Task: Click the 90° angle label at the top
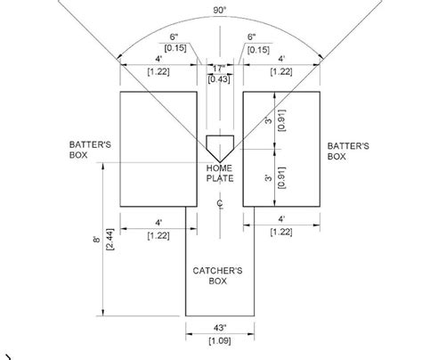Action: pyautogui.click(x=219, y=10)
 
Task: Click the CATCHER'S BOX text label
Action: pyautogui.click(x=219, y=274)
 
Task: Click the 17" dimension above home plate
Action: pyautogui.click(x=218, y=68)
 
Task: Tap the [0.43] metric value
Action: pyautogui.click(x=218, y=79)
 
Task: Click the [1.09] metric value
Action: pyautogui.click(x=218, y=340)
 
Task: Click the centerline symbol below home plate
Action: pyautogui.click(x=219, y=202)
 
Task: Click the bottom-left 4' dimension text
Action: pyautogui.click(x=160, y=220)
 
